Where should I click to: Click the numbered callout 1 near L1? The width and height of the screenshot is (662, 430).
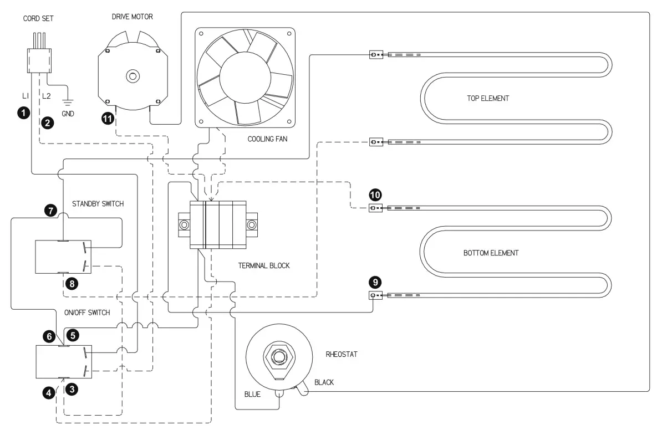(24, 112)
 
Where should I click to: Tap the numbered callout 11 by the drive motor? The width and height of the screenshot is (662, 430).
(108, 119)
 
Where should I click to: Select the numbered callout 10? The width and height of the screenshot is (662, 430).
(375, 195)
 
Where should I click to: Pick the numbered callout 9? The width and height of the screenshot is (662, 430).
(375, 282)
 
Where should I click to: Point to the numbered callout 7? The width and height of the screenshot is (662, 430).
(50, 210)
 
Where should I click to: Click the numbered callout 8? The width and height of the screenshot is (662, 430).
(72, 284)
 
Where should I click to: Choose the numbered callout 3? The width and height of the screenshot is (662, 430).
(72, 389)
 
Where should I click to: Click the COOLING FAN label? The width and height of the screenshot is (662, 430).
(267, 139)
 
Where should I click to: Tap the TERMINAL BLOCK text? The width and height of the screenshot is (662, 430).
(264, 265)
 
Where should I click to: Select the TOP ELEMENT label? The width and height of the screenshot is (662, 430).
(488, 98)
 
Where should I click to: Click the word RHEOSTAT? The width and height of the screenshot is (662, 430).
(342, 354)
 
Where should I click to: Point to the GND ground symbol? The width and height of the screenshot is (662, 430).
(68, 101)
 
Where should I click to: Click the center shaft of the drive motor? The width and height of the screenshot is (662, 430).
(133, 76)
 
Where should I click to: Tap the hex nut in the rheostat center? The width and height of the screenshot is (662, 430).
(278, 357)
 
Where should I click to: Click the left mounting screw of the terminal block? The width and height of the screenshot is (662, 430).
(184, 225)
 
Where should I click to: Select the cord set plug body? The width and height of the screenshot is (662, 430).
(39, 61)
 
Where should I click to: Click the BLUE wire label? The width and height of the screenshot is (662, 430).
(252, 394)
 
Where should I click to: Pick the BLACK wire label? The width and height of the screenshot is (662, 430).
(324, 382)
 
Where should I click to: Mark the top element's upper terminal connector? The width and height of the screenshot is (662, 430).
(376, 54)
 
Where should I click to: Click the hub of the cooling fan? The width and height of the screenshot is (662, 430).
(245, 78)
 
